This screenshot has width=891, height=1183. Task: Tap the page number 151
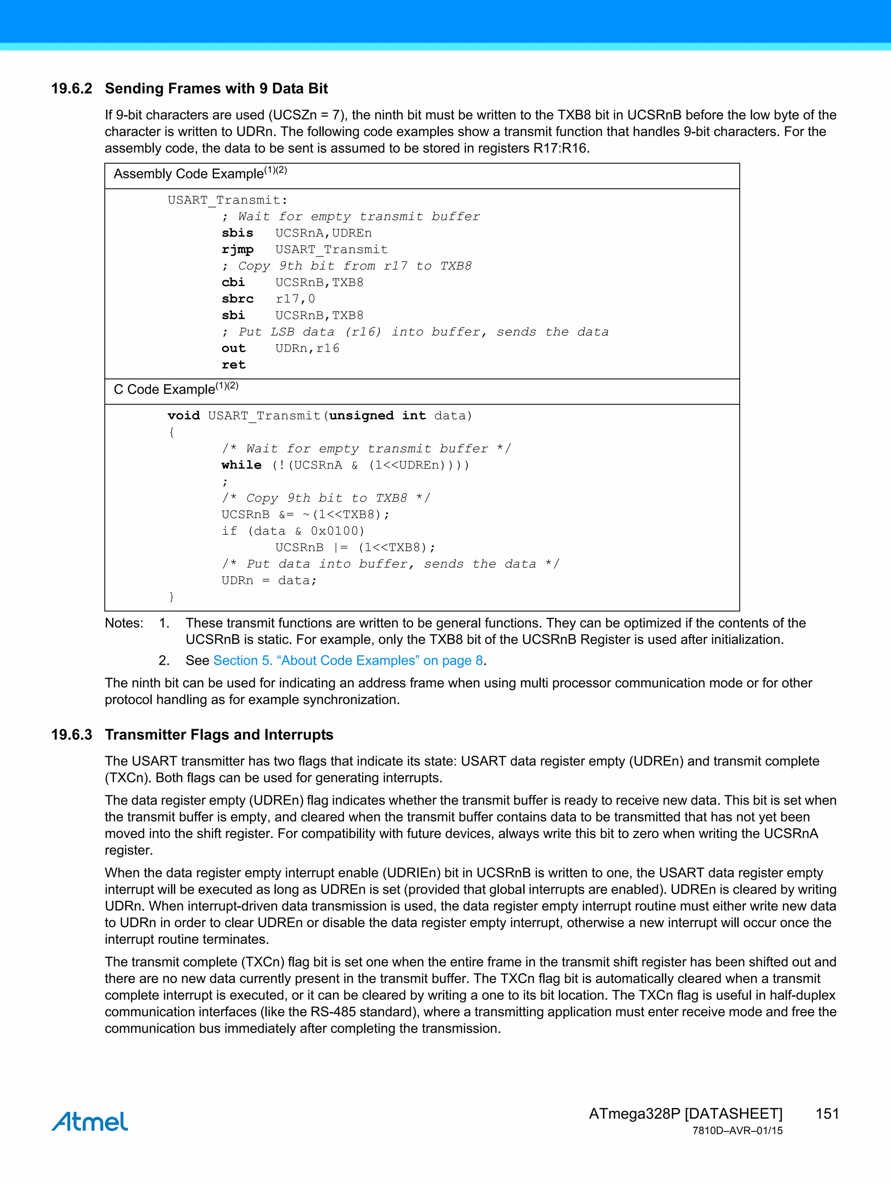(x=827, y=1113)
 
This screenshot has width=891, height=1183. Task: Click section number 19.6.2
(x=72, y=88)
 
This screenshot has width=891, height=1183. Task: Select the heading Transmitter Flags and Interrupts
(x=219, y=734)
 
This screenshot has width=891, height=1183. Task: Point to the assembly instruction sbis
(x=238, y=233)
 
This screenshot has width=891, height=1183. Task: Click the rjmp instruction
(x=238, y=249)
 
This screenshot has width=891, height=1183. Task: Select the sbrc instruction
(x=238, y=298)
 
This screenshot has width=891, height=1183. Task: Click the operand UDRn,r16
(x=307, y=348)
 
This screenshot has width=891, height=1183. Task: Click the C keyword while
(x=241, y=465)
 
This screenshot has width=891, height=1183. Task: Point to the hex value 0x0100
(x=337, y=531)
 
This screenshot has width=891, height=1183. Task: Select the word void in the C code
(x=184, y=416)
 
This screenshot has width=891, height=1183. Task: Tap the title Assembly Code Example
(x=189, y=174)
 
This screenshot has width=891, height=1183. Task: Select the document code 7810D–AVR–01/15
(x=737, y=1131)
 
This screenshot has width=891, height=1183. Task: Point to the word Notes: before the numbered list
(x=124, y=623)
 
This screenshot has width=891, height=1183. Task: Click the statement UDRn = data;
(x=269, y=580)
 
